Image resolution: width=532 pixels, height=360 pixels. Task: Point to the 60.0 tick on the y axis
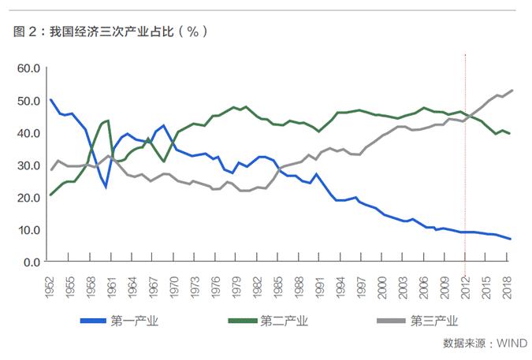pos(28,69)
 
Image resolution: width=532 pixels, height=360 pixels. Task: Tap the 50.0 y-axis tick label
pos(28,101)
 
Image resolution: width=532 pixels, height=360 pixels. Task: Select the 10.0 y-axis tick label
pos(28,229)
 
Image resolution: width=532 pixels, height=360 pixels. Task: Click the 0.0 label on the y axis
pos(31,262)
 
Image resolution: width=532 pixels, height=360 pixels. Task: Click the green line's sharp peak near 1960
pos(108,121)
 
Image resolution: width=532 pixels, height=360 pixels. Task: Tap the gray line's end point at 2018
pos(512,91)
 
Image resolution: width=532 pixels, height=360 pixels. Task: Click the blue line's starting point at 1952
pos(50,100)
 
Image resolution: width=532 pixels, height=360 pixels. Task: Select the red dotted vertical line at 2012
pos(467,173)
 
